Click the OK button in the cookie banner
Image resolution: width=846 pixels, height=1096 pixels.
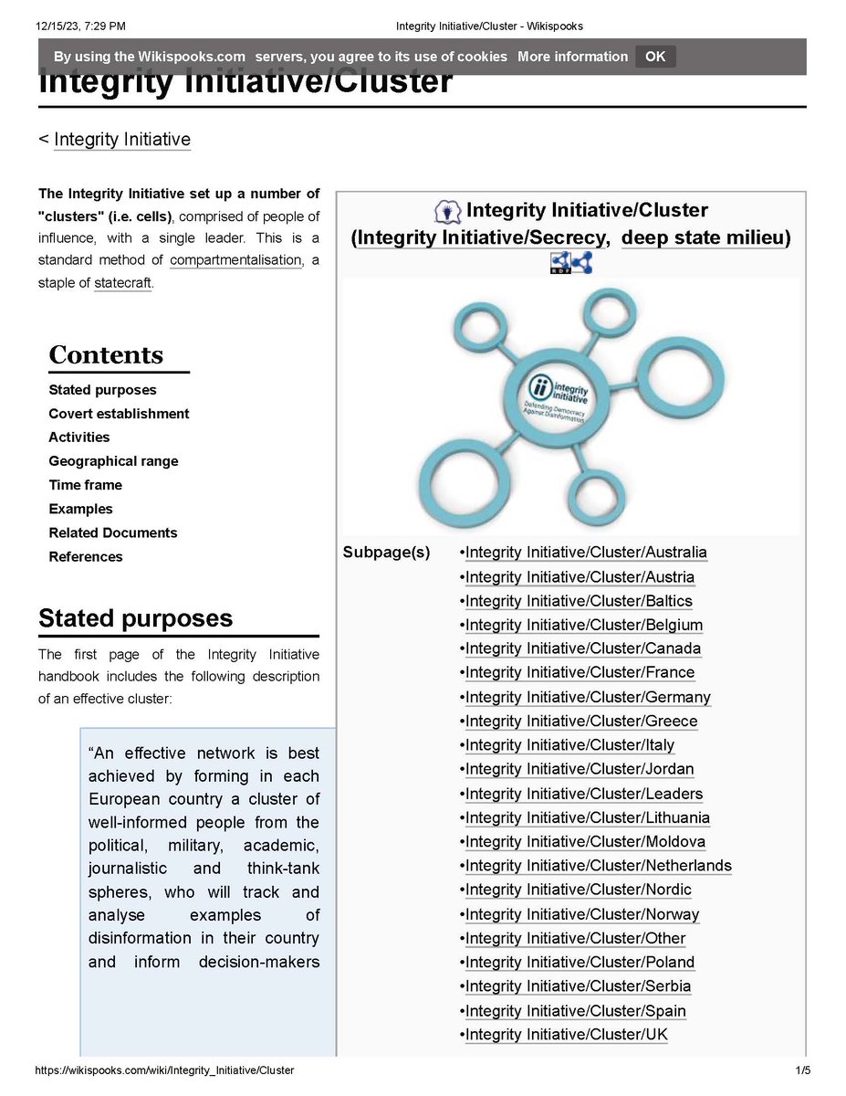(655, 57)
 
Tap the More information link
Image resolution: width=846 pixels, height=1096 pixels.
(572, 57)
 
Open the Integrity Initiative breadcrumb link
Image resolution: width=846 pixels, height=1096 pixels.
(122, 140)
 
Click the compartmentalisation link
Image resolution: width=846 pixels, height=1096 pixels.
(235, 260)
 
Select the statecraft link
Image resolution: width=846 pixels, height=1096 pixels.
(122, 283)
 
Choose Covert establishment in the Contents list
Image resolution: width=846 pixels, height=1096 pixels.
(119, 414)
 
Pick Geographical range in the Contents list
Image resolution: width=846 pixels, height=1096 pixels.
(113, 461)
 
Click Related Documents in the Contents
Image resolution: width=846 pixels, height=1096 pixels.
(112, 532)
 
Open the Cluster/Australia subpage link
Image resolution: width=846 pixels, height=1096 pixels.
(586, 553)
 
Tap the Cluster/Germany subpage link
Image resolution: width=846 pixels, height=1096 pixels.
(588, 698)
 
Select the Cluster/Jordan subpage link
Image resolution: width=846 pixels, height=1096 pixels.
(580, 770)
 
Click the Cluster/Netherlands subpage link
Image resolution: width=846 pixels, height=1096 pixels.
(598, 866)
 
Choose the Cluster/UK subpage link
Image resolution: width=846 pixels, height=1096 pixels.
(567, 1035)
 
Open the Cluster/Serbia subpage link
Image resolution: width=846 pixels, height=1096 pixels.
(578, 986)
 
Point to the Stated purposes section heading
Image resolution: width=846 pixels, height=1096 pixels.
(135, 618)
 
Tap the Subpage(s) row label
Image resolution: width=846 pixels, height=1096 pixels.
(386, 553)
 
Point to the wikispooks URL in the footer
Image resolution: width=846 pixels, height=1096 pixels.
(164, 1070)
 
